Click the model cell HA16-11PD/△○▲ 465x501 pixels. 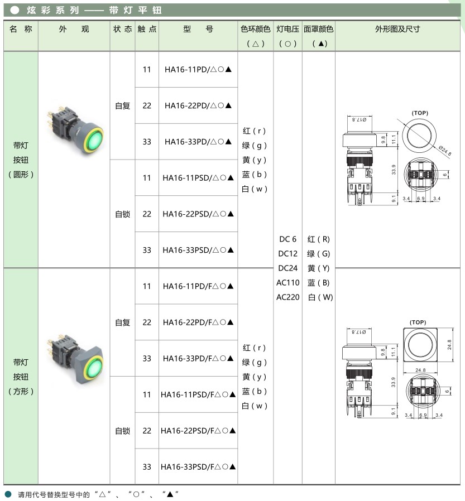[198, 70]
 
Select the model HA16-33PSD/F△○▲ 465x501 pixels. [198, 467]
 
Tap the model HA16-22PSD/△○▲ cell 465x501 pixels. [198, 214]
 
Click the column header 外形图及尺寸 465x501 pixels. [397, 29]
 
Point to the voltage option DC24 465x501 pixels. [287, 268]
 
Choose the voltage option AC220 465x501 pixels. [287, 297]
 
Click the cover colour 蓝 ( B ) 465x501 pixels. [319, 283]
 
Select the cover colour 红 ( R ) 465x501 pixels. [319, 239]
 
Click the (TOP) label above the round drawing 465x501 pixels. [419, 113]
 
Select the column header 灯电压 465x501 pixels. [287, 29]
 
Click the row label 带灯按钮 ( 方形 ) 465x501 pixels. [21, 377]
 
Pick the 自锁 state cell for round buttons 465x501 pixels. [122, 214]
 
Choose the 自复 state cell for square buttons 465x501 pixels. [122, 322]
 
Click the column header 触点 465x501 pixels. [147, 29]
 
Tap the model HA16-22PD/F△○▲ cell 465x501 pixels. [198, 322]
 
